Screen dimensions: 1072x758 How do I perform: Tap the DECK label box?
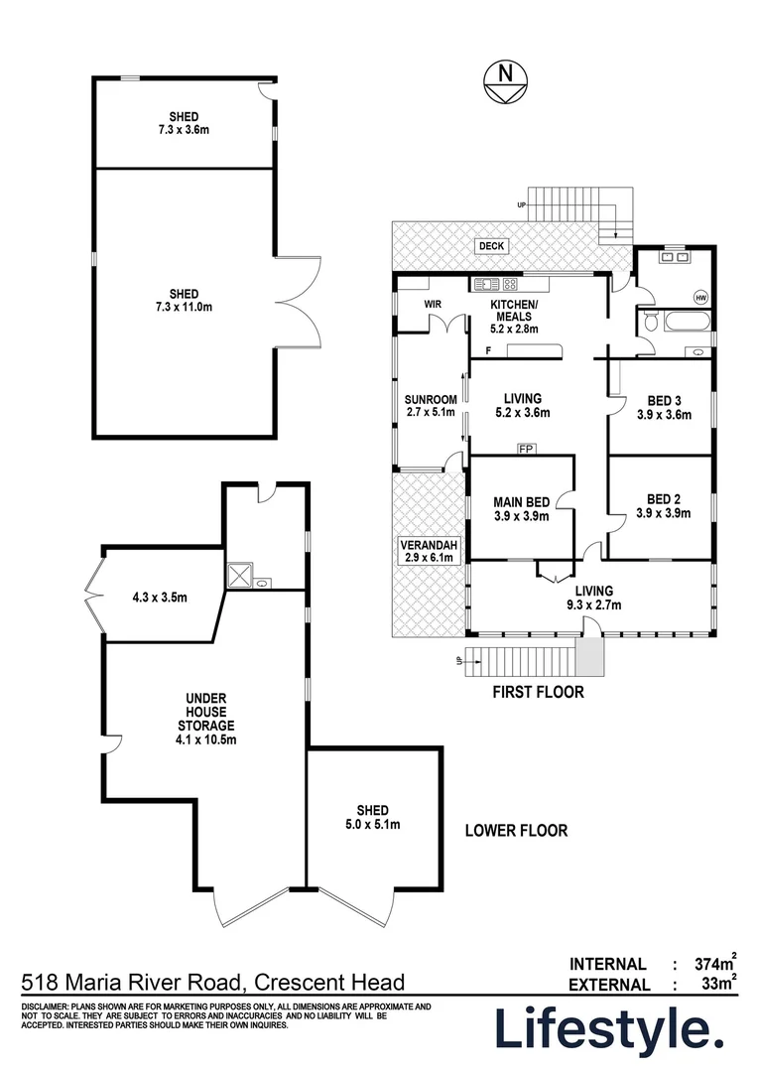coord(491,246)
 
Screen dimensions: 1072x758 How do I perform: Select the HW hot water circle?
coord(700,297)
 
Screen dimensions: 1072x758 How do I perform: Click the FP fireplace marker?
coord(525,449)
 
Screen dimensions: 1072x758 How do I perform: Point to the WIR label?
coord(432,304)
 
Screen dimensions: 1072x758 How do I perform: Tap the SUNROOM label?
coord(431,407)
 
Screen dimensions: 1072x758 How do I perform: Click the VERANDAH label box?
coord(427,551)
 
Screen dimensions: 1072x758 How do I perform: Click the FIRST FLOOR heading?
coord(538,692)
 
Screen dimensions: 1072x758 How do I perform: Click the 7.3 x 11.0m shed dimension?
coord(184,308)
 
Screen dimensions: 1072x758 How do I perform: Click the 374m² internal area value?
coord(711,963)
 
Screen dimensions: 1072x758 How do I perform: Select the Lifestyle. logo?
coord(610,1029)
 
